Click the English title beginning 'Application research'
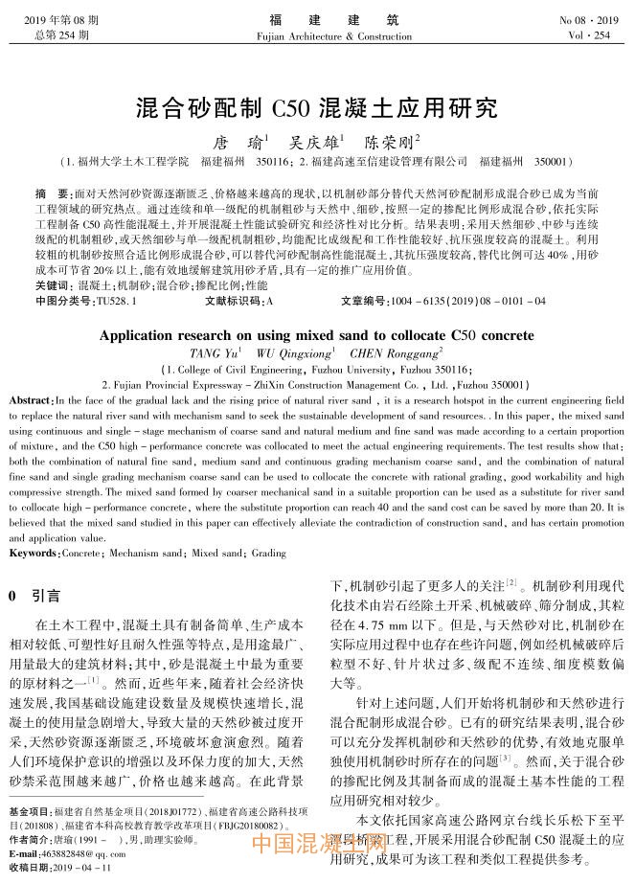317,336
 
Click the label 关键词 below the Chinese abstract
53,284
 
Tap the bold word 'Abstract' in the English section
31,397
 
